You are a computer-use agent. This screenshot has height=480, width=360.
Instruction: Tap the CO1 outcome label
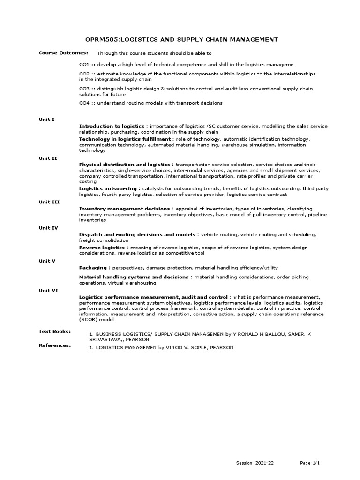(84, 64)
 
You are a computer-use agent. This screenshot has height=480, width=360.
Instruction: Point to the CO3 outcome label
(84, 89)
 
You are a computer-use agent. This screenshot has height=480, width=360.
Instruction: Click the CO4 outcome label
(84, 103)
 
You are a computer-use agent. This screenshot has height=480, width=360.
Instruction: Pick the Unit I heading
(46, 120)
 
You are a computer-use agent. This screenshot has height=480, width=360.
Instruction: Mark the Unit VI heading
(48, 290)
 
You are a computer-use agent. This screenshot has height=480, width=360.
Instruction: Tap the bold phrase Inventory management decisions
(125, 209)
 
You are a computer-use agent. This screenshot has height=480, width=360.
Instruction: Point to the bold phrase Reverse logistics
(101, 247)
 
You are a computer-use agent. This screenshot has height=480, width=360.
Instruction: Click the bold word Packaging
(93, 268)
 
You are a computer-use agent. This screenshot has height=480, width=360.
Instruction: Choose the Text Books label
(54, 331)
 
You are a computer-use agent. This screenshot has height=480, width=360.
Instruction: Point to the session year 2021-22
(264, 463)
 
